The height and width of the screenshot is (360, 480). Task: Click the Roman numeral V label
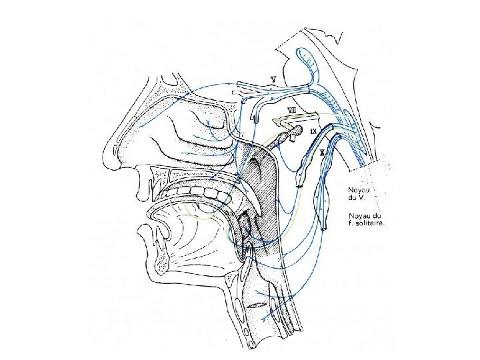273,79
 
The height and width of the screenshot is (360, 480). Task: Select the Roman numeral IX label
313,131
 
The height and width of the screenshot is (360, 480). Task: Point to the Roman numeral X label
323,153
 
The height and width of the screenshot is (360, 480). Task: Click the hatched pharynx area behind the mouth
263,200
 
